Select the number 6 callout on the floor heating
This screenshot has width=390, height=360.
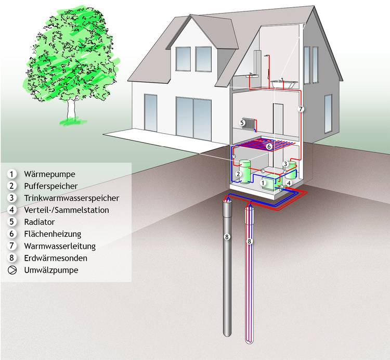click(268, 147)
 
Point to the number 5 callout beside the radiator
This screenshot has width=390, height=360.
click(242, 123)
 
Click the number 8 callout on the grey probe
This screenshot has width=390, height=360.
click(226, 237)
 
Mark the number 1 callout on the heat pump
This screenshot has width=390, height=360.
click(263, 183)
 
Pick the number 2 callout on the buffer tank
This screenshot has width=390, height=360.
click(238, 174)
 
